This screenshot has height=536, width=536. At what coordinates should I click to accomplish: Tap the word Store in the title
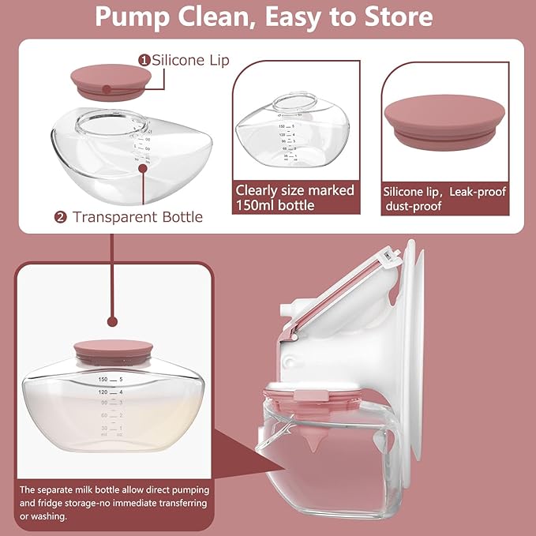(x=395, y=17)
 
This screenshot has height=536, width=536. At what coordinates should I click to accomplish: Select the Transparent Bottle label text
(x=137, y=216)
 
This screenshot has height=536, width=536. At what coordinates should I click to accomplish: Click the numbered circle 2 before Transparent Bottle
(x=61, y=217)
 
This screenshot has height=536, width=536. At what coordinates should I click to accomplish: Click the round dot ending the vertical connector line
(x=112, y=321)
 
